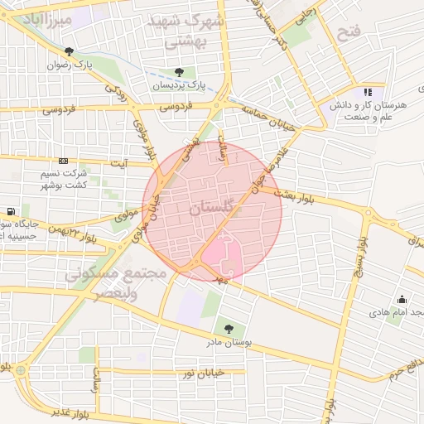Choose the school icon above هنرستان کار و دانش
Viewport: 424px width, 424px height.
368,92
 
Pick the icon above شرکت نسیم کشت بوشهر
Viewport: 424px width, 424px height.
64,161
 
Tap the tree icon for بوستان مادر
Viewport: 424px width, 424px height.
229,329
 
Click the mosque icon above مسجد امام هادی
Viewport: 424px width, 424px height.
402,300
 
